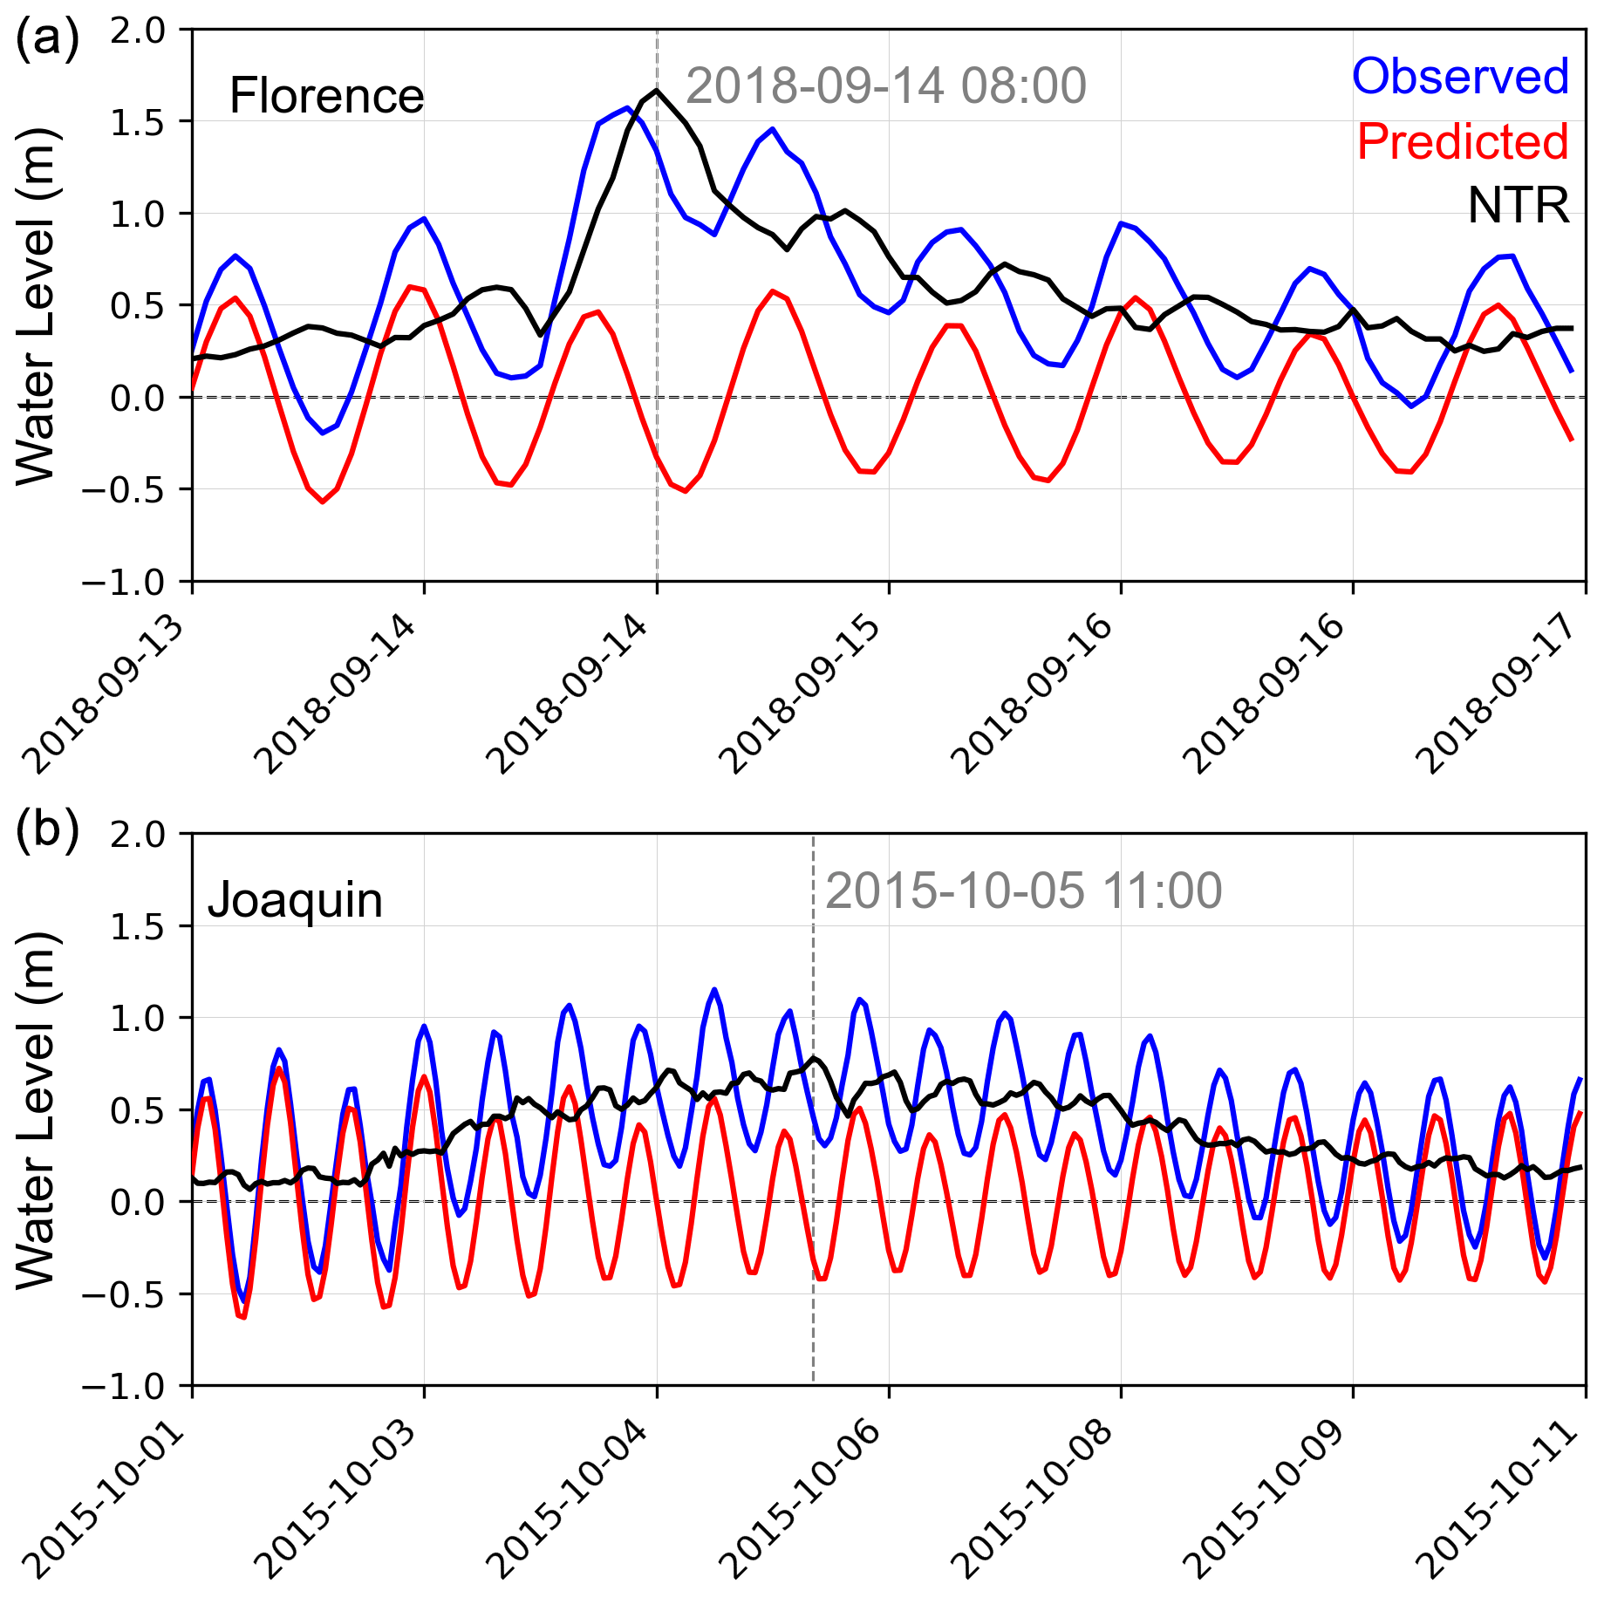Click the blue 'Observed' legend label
pos(1460,77)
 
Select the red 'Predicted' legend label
pos(1462,141)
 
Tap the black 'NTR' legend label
pos(1518,206)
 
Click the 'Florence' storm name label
pos(326,96)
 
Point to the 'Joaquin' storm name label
pos(295,900)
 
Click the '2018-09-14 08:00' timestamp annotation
pos(886,86)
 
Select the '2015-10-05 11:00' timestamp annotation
pos(1023,891)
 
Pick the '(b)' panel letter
pos(47,829)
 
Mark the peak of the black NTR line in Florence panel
pos(657,90)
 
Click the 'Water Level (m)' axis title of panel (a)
pos(37,305)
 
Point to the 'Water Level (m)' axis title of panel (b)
pos(37,1109)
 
